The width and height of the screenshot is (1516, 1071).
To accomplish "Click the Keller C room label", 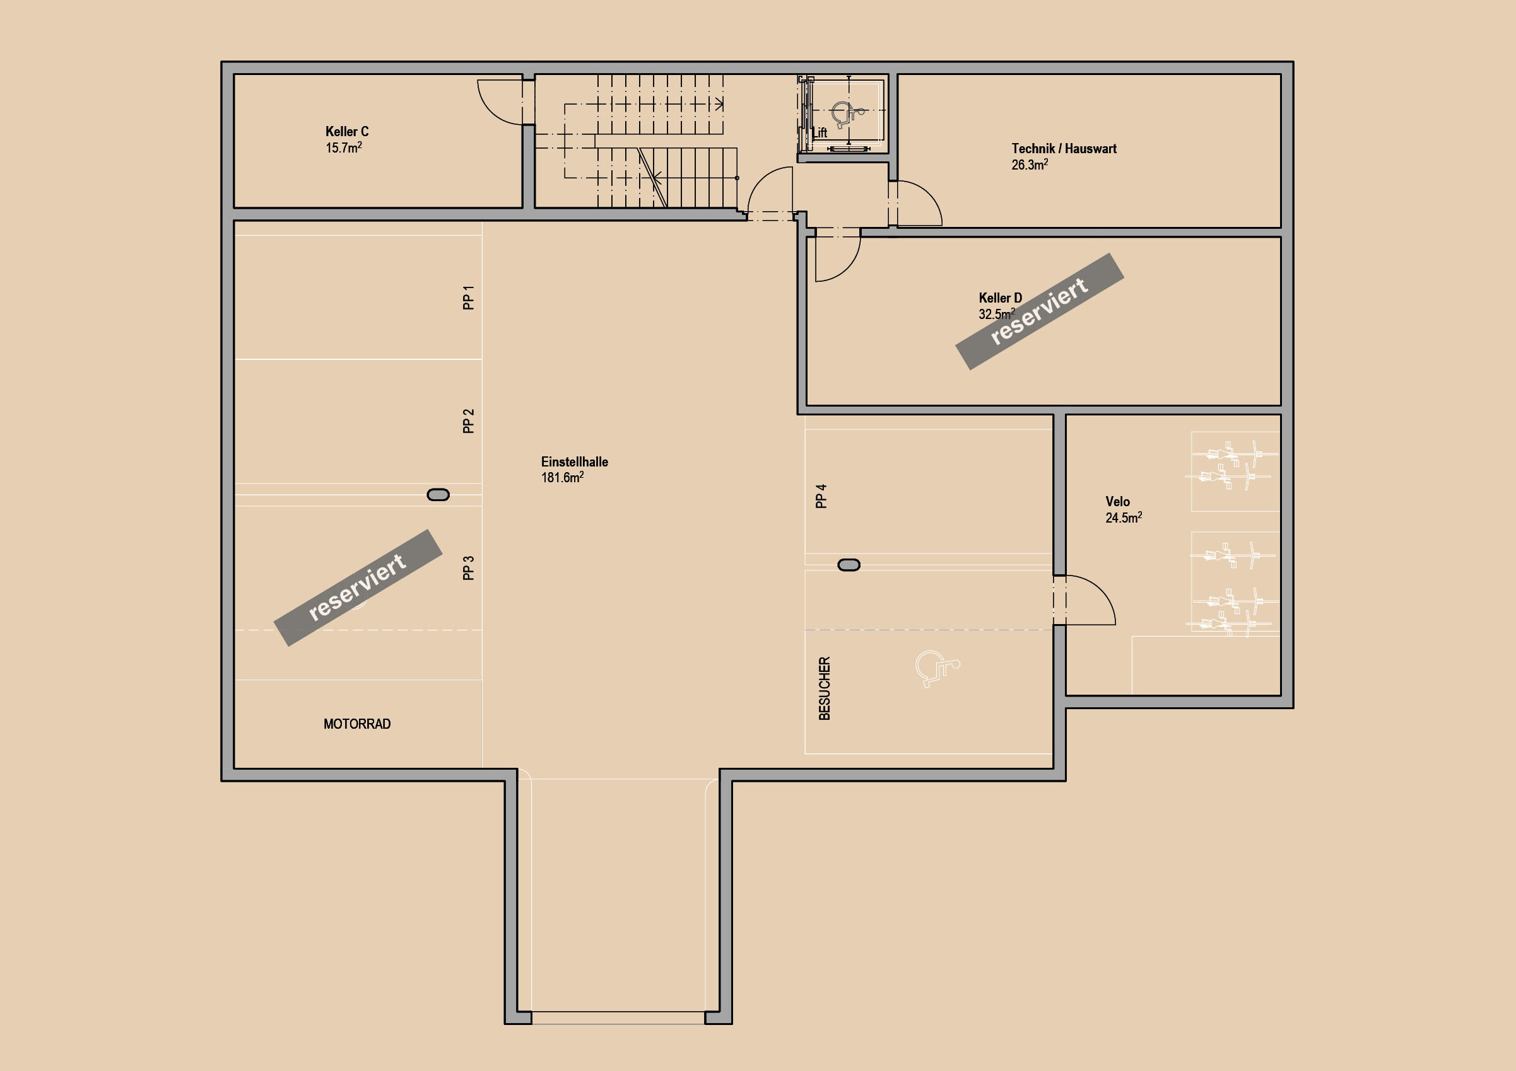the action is coord(346,131).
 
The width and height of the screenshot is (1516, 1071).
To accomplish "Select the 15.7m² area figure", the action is coord(343,148).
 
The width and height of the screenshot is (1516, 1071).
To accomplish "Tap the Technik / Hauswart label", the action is coord(1064,149).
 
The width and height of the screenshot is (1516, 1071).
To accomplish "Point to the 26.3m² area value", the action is coord(1030,165).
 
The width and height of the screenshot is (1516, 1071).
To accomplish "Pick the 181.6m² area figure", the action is coord(562,477).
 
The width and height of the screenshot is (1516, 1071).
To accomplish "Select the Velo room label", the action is coord(1118,502).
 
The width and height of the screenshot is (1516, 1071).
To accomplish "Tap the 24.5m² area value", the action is coord(1124,518).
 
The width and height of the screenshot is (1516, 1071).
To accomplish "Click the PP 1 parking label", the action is coord(468,298).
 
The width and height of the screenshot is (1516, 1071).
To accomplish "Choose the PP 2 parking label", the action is coord(468,421).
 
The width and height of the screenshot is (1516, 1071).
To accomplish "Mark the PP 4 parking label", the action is coord(821,496).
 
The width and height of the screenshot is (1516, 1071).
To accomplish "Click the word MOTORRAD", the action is coord(356,724).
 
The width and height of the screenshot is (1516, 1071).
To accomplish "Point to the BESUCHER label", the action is coord(824,688).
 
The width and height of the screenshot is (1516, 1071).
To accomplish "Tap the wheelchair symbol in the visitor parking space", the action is coord(937,668).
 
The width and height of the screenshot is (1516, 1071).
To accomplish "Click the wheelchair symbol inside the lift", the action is coord(847,115).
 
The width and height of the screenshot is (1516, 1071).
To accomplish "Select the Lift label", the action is coord(820,132).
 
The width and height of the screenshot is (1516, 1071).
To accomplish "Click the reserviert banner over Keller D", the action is coord(1039,311).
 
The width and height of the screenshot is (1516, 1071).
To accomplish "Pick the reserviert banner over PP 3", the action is coord(358,588).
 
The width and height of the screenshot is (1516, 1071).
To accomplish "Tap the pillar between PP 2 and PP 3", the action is coord(438,495).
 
